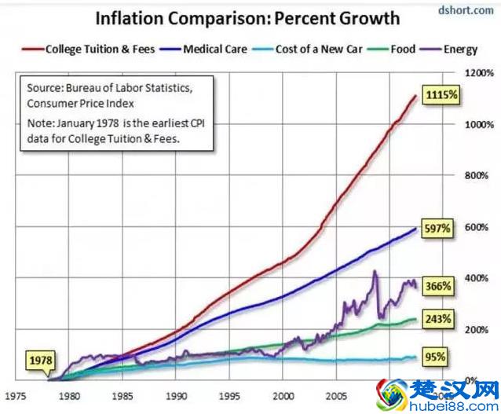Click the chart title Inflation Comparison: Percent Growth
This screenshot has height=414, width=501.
[x=247, y=17]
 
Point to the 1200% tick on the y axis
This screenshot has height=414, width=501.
[x=478, y=72]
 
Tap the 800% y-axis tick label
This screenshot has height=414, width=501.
[x=478, y=175]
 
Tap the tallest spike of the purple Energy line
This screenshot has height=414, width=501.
[x=375, y=272]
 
